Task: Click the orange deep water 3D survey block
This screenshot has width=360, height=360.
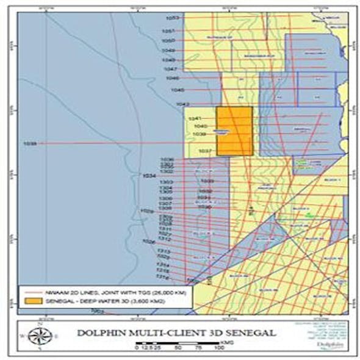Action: tap(235, 131)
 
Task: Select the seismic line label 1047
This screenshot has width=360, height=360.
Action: tap(170, 69)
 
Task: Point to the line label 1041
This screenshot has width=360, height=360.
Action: tap(194, 118)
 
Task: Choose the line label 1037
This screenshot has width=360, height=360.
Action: tap(205, 151)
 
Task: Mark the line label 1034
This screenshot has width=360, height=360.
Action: tap(148, 176)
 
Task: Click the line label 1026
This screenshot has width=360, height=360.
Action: tap(149, 242)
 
